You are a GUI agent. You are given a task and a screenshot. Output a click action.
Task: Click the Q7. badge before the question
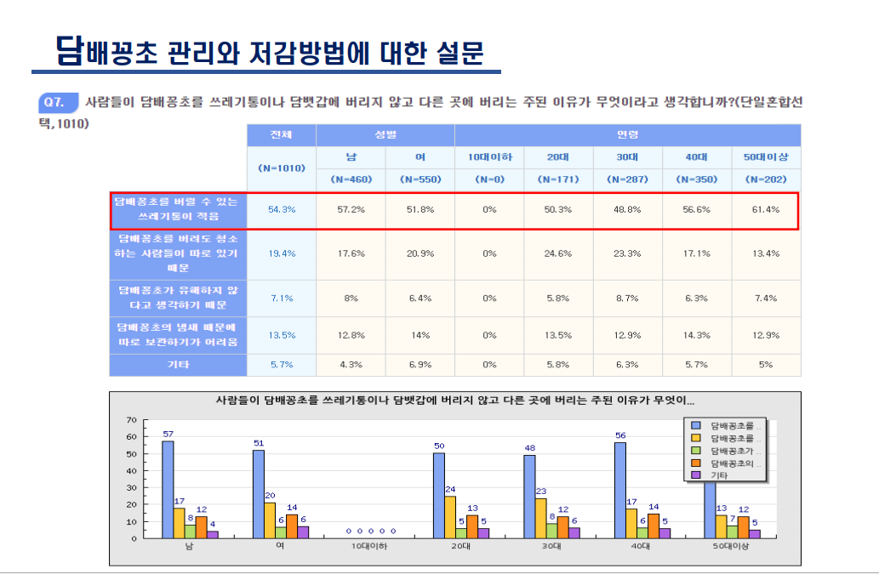click(55, 103)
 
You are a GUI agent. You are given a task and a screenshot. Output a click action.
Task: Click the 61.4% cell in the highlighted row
click(766, 210)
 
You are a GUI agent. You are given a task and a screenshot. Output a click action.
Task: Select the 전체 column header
click(281, 135)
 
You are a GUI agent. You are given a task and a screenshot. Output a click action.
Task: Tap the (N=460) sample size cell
click(351, 179)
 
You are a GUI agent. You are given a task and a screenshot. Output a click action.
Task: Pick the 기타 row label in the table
click(178, 364)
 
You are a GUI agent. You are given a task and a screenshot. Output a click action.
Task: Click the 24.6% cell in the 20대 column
click(558, 253)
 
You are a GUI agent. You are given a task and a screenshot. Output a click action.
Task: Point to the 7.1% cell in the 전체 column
click(281, 298)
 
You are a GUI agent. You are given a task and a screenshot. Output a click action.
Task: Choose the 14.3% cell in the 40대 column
click(696, 335)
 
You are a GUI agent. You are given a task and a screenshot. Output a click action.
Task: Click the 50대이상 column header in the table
click(766, 156)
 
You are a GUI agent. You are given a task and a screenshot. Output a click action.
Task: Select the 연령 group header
click(627, 135)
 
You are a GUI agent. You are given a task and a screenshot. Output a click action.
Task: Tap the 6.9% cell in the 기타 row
click(420, 364)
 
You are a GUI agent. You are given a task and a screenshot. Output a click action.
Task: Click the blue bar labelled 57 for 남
click(168, 489)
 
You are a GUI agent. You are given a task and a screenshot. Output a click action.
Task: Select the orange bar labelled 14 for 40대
click(654, 526)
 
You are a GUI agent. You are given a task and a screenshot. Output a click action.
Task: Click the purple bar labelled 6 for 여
click(304, 532)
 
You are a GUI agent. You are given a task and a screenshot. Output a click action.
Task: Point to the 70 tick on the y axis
click(131, 420)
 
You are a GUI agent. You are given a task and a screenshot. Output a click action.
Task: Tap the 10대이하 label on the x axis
click(370, 546)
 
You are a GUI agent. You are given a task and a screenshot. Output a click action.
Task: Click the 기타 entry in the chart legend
click(719, 475)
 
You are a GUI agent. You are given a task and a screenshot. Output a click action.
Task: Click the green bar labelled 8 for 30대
click(552, 531)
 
